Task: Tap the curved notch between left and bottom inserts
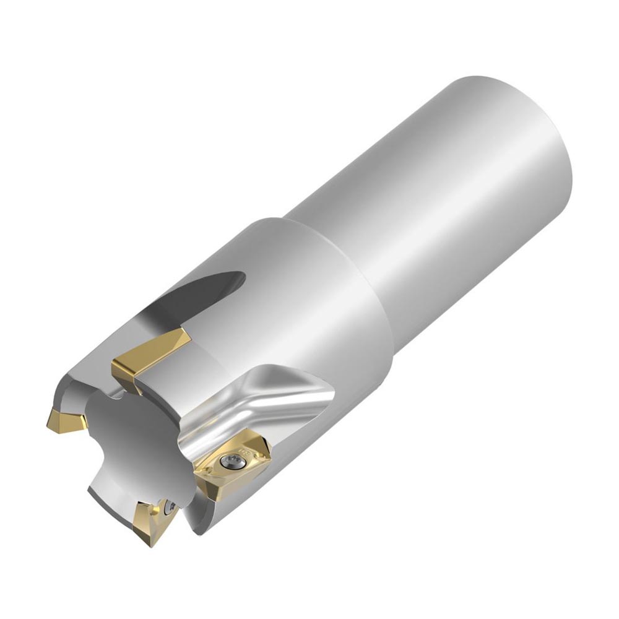tap(99, 477)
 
